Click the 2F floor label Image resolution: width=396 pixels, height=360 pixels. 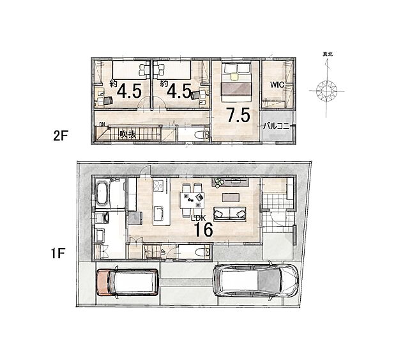pyautogui.click(x=61, y=136)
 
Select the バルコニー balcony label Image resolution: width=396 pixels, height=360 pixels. pyautogui.click(x=277, y=127)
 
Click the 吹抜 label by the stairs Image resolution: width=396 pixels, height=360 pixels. pyautogui.click(x=128, y=134)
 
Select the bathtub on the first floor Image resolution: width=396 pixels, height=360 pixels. pyautogui.click(x=104, y=194)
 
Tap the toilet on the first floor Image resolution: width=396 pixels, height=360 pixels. pyautogui.click(x=200, y=253)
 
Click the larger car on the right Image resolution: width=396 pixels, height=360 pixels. pyautogui.click(x=255, y=281)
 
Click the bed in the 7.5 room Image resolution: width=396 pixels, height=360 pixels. pyautogui.click(x=236, y=83)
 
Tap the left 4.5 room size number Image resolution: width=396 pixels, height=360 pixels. pyautogui.click(x=130, y=91)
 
